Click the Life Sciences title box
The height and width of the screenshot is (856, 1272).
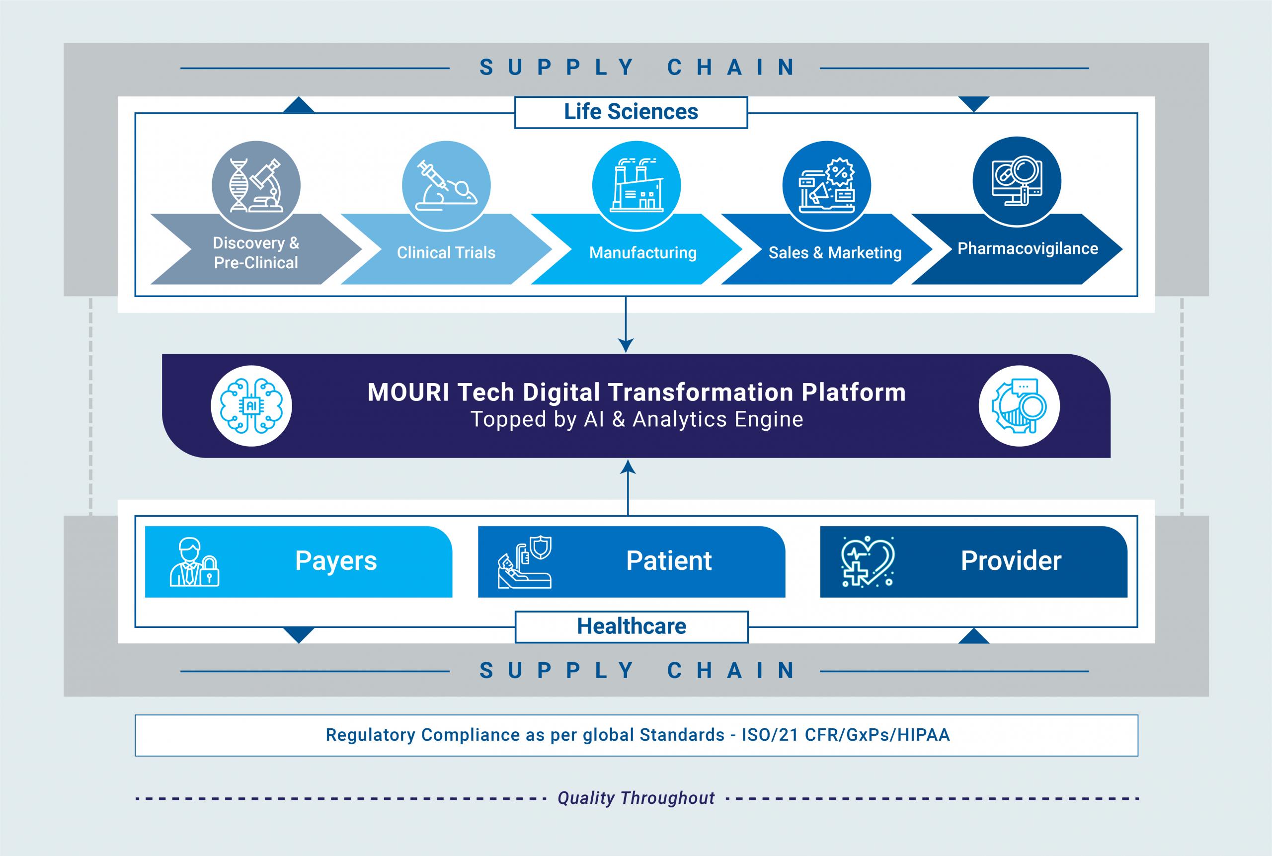coord(631,112)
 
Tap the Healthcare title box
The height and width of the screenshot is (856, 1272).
coord(631,626)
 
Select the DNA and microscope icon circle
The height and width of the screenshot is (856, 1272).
coord(256,185)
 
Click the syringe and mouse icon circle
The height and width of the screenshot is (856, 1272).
coord(446,185)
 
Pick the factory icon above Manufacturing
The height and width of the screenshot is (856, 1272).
coord(636,185)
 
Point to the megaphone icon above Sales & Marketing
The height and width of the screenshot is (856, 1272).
coord(826,185)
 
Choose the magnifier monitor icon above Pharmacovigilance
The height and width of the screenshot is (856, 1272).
coord(1017,181)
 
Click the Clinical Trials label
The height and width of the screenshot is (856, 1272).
coord(446,253)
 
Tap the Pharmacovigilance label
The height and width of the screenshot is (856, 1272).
coord(1028,248)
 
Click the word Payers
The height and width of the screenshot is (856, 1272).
coord(336,561)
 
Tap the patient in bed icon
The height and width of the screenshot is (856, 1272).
coord(525,562)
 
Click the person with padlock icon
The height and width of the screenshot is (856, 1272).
coord(194,562)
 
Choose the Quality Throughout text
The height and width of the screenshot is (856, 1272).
coord(636,798)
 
